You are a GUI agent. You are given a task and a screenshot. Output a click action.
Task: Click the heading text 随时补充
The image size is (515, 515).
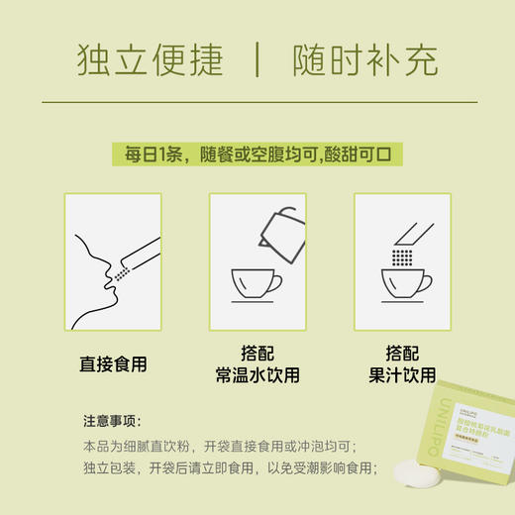point(365,62)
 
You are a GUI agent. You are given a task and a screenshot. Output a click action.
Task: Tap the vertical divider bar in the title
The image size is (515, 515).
point(257,62)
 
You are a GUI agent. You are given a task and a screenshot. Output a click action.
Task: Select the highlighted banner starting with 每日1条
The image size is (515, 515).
point(257,155)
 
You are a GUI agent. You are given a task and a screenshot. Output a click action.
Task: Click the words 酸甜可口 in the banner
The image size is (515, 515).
point(368,155)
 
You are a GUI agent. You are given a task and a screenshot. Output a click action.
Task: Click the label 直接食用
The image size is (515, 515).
point(113,363)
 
